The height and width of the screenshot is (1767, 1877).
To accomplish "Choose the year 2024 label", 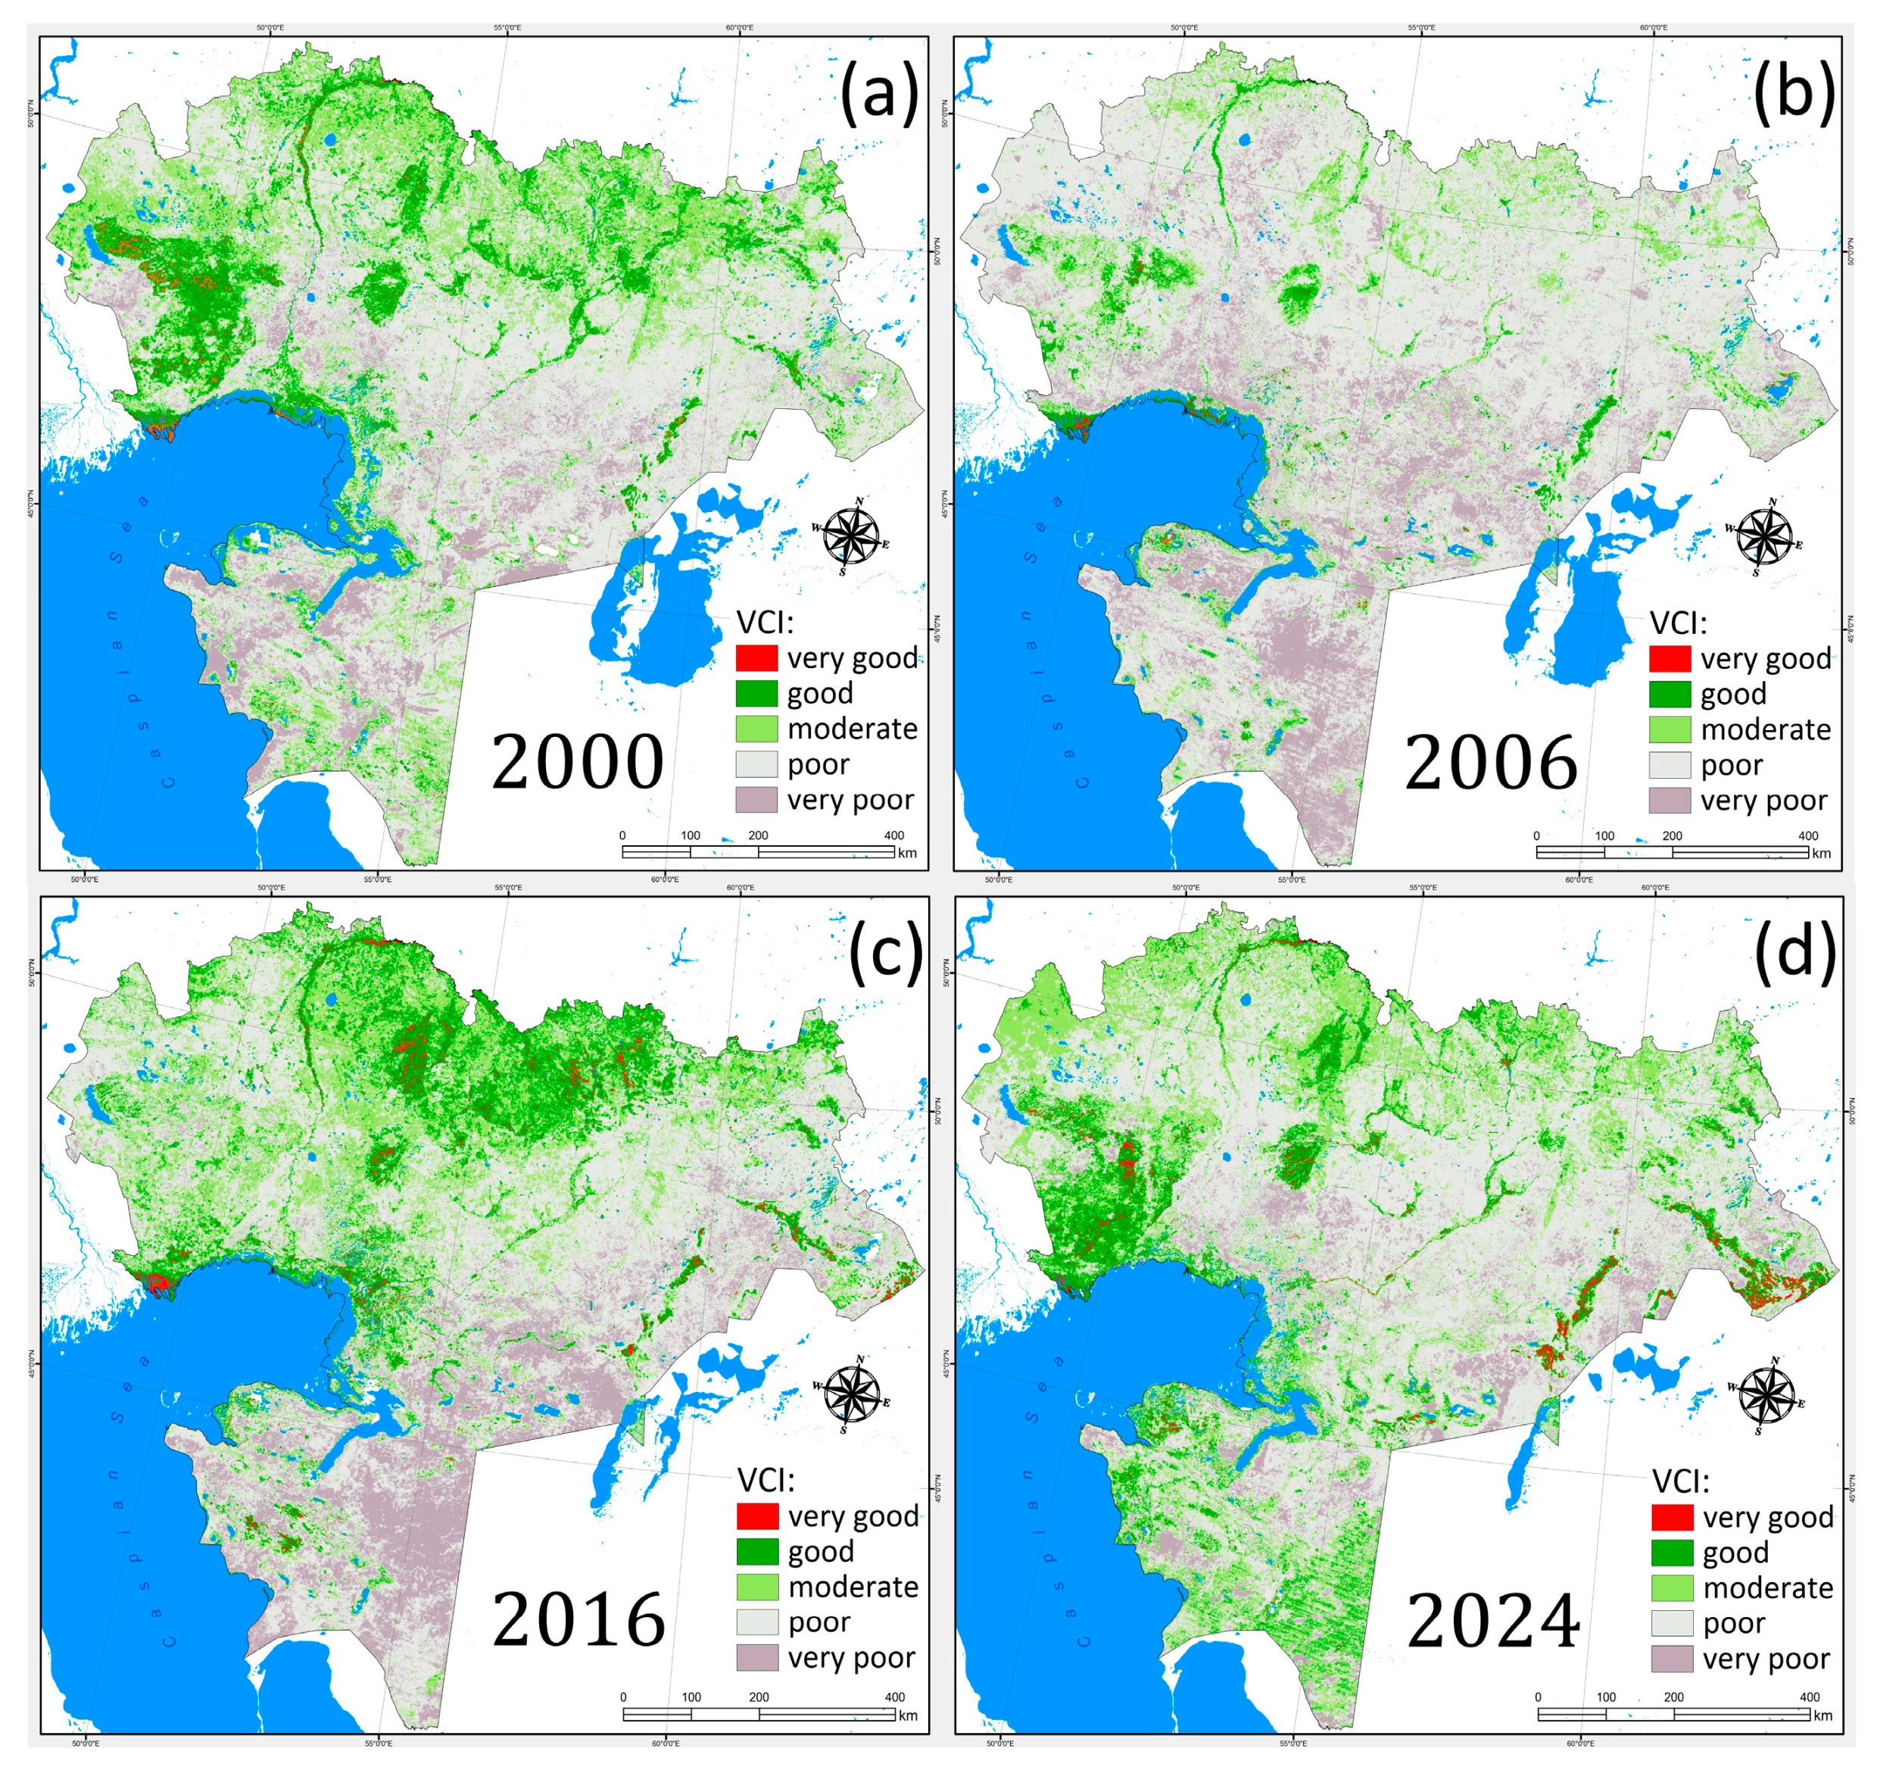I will tap(1492, 1621).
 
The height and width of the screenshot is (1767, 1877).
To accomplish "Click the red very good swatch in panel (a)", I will tap(756, 657).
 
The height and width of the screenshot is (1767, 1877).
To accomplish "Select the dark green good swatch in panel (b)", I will tap(1670, 693).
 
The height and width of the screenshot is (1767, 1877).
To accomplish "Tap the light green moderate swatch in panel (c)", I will tap(757, 1587).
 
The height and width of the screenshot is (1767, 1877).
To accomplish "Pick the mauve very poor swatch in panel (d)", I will tap(1672, 1659).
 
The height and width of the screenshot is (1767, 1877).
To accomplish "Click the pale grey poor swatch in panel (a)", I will tap(756, 764).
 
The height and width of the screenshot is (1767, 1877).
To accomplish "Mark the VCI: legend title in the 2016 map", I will tap(765, 1480).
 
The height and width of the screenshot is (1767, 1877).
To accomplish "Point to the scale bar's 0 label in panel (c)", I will tap(623, 1697).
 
